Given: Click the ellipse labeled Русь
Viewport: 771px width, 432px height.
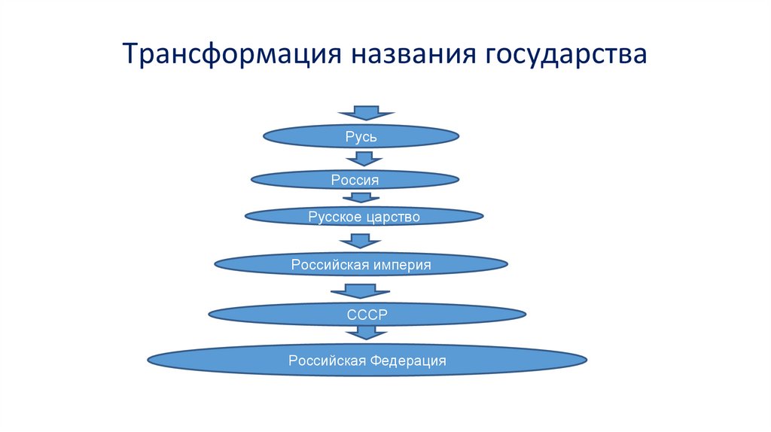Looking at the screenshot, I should pos(361,136).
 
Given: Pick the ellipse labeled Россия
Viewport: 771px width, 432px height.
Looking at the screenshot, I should pos(354,179).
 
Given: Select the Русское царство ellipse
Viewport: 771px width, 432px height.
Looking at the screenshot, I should pos(364,217).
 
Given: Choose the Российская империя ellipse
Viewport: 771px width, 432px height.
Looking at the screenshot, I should pos(361,264).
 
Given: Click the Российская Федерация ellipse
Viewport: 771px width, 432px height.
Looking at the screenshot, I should pos(367,361).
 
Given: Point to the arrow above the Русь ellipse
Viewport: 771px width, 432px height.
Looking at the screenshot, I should pos(366,113).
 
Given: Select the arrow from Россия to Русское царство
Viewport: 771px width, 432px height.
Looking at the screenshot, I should pos(361,197).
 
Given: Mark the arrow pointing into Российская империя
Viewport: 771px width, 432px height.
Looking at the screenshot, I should pos(361,241).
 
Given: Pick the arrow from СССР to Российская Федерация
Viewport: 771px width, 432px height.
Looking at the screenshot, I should pos(367,333).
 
